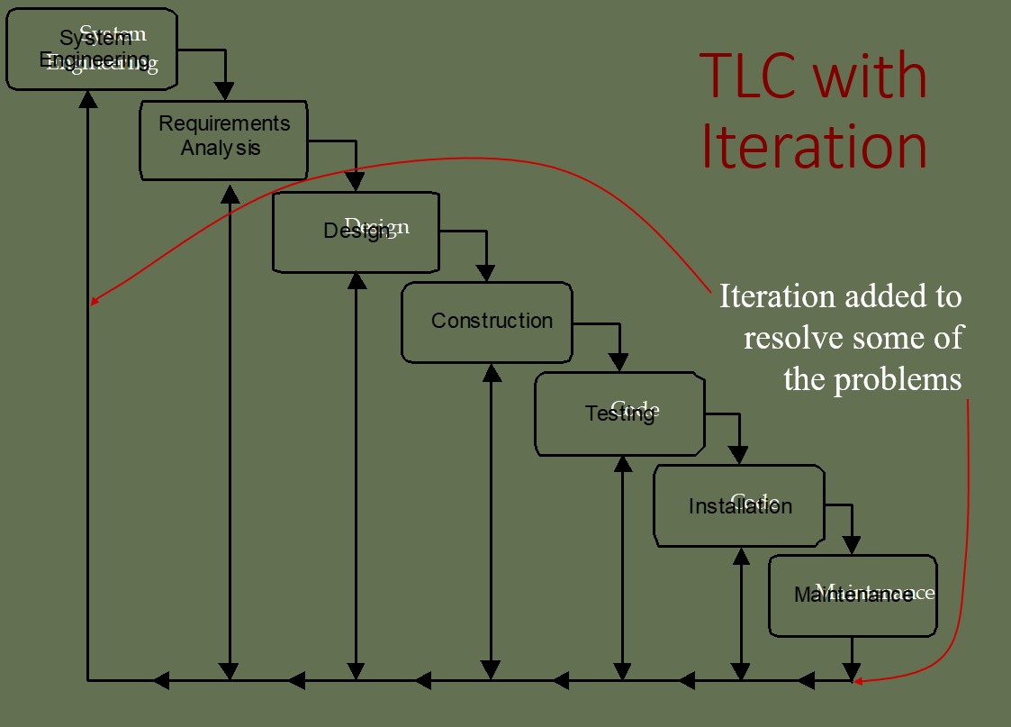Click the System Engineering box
pos(91,49)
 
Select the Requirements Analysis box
pos(224,139)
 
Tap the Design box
pos(357,232)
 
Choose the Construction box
pos(487,322)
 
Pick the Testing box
pos(619,413)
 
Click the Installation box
pos(739,505)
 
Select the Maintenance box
pos(853,595)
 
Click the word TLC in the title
pos(746,76)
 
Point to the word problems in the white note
pos(898,379)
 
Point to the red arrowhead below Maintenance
pos(858,680)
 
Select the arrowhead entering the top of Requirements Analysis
pos(224,91)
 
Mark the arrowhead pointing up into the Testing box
pos(622,463)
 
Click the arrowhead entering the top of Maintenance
pos(851,545)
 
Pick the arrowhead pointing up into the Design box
pos(357,280)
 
